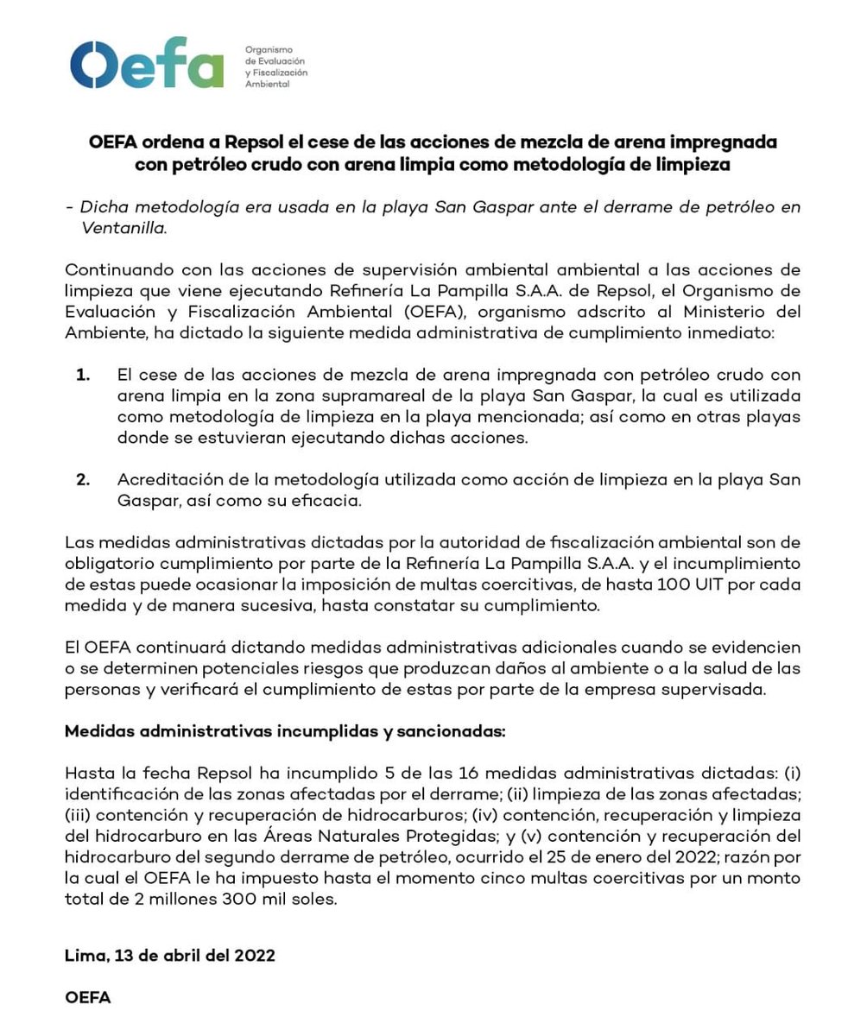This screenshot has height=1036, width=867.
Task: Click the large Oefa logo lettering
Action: (x=147, y=63)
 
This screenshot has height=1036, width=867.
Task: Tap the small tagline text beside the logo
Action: (x=275, y=66)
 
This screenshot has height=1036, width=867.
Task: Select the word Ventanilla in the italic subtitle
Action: (x=123, y=228)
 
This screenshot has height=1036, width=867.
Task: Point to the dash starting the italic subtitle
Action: (x=69, y=207)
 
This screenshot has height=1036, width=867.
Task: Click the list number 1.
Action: (x=83, y=375)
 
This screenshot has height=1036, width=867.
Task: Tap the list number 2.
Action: (x=83, y=480)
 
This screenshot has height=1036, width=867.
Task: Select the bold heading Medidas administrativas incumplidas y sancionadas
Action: (x=285, y=731)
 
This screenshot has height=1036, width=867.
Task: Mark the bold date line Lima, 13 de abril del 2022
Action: (x=170, y=955)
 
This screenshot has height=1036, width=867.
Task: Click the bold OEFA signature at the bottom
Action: (x=88, y=997)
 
